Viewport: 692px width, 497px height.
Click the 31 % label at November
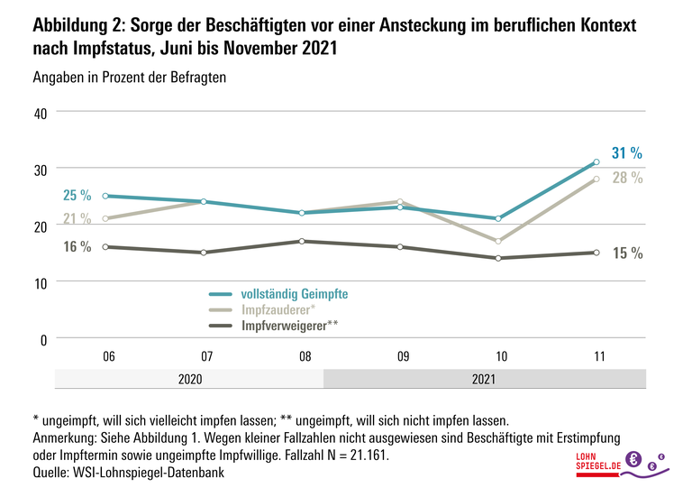[627, 152]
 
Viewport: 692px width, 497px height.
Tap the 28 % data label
[627, 178]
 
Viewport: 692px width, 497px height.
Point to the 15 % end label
[627, 253]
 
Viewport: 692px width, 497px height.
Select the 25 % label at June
[77, 195]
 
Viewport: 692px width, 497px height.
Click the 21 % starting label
[77, 218]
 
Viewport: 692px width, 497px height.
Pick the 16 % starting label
[77, 247]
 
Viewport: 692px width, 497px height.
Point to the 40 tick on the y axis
[39, 112]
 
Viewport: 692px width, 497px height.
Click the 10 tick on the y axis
[39, 281]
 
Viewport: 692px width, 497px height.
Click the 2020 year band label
[189, 380]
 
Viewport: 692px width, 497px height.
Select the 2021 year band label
[484, 380]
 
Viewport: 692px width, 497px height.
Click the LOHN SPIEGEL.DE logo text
[598, 461]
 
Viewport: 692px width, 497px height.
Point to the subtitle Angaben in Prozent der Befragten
[129, 78]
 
